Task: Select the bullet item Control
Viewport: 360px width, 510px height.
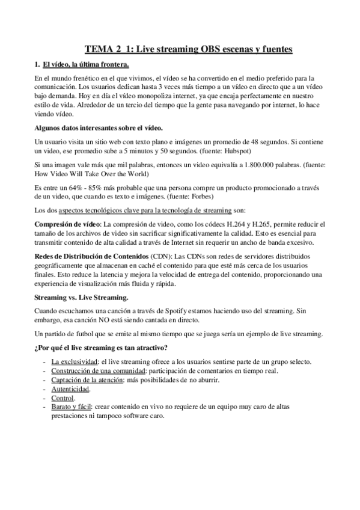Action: pyautogui.click(x=63, y=398)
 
